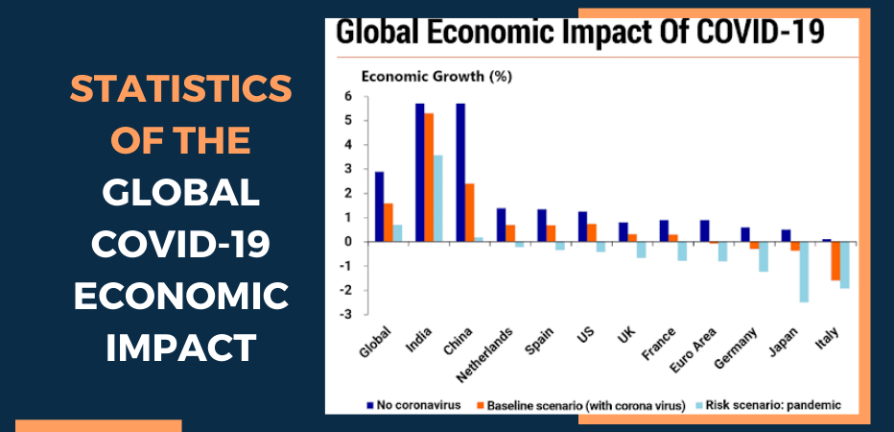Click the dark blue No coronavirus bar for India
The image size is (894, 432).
click(x=419, y=173)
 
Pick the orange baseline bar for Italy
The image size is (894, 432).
click(x=835, y=261)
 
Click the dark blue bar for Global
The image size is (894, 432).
click(x=380, y=206)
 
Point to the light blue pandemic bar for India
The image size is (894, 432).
click(x=438, y=198)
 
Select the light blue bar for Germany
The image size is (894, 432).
click(x=765, y=256)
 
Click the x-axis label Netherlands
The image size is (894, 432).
click(x=490, y=348)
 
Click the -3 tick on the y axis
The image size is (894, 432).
click(x=346, y=314)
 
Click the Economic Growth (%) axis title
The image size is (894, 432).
click(x=420, y=76)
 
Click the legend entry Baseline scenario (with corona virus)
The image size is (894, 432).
click(x=585, y=405)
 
